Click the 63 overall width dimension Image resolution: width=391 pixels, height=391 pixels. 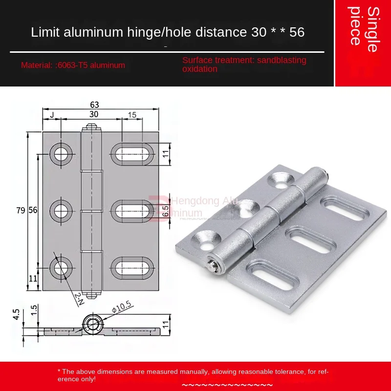tap(95, 104)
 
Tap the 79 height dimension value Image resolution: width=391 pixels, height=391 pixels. tap(20, 210)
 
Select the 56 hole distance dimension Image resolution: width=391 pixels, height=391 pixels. tap(33, 210)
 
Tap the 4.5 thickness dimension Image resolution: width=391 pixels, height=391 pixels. tap(16, 314)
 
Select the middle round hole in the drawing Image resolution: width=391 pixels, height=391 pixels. tap(62, 211)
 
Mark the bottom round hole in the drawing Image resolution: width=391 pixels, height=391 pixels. tap(62, 267)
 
